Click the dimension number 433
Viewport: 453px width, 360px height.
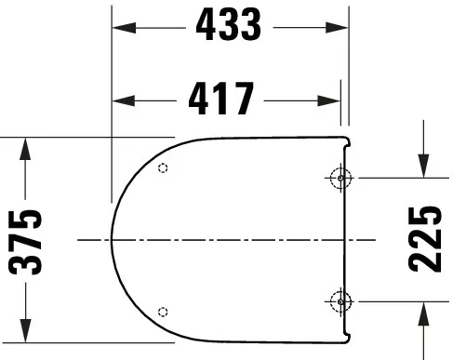pyautogui.click(x=229, y=27)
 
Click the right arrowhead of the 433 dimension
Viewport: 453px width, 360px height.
pyautogui.click(x=344, y=28)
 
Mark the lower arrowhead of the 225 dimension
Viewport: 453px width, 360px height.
pyautogui.click(x=423, y=309)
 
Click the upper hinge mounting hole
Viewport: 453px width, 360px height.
pyautogui.click(x=340, y=177)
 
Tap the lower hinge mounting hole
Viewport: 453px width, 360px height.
pyautogui.click(x=340, y=300)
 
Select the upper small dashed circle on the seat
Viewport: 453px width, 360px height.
pyautogui.click(x=164, y=168)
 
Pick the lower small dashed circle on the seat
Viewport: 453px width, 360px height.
pyautogui.click(x=164, y=311)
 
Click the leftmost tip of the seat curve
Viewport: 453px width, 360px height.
pyautogui.click(x=112, y=240)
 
